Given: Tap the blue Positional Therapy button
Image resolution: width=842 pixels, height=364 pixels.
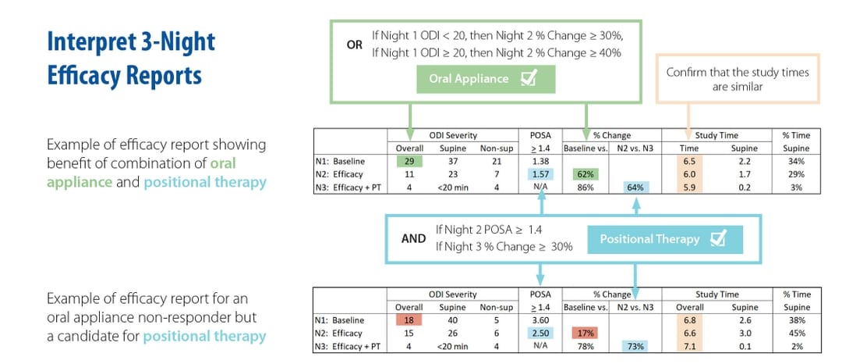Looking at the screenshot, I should (661, 239).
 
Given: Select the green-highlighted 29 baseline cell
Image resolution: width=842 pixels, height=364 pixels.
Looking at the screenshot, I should (409, 160).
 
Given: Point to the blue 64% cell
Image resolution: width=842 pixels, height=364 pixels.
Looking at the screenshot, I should (635, 187).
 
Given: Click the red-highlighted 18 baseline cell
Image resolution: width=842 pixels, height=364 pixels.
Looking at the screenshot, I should (409, 319).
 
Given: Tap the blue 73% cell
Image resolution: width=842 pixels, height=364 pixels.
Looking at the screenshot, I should (635, 346).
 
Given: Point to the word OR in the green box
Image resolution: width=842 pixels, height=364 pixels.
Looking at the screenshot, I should (355, 45).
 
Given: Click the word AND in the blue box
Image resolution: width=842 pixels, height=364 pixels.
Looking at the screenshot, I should (413, 238).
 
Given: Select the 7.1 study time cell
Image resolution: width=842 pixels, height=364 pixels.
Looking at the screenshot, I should (688, 346).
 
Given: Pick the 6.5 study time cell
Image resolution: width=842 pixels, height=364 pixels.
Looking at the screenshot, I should (688, 160).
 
